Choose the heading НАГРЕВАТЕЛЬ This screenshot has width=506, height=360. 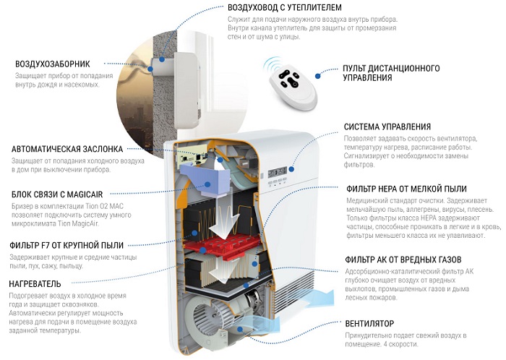coord(40,283)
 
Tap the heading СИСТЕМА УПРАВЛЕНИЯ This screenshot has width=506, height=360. coord(387,127)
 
